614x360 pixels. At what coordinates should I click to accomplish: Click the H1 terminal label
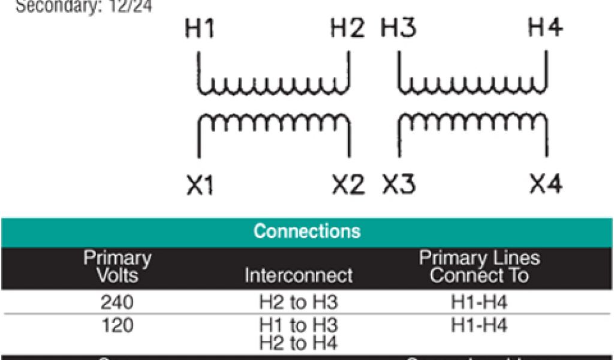200,29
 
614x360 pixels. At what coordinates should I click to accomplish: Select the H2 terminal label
348,29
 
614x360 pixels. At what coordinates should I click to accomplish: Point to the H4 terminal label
545,28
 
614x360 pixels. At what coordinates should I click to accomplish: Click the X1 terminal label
200,185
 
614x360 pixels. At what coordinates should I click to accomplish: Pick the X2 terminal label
348,185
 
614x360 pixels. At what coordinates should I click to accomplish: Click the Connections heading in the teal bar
307,232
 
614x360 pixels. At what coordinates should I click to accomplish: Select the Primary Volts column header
118,267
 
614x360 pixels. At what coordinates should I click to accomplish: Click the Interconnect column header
299,275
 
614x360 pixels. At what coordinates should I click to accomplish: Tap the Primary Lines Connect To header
479,267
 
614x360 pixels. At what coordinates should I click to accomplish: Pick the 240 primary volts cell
118,302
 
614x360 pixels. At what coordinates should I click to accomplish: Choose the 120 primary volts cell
118,325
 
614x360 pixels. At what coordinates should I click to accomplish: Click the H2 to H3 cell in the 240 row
299,303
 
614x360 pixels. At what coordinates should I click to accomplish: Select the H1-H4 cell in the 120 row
479,325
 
